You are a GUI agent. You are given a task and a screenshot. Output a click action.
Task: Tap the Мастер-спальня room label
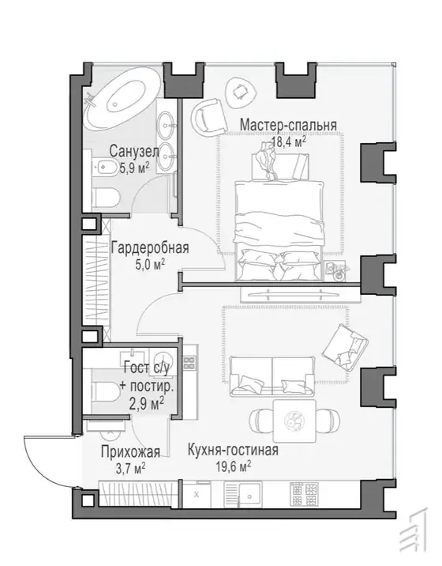[288, 125]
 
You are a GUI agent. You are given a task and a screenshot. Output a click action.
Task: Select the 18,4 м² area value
[289, 141]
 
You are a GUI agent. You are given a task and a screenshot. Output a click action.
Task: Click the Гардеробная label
[150, 248]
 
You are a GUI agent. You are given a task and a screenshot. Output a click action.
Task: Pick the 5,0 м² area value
[150, 265]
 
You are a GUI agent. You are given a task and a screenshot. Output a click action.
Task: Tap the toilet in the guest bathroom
[107, 393]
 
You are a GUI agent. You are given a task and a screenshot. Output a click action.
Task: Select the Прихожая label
[130, 451]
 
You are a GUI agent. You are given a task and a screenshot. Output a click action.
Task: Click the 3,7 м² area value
[130, 468]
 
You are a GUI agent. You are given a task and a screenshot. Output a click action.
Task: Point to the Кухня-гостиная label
[233, 450]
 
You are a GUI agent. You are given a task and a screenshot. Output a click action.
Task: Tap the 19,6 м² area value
[234, 466]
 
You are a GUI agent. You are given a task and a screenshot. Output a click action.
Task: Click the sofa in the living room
[272, 375]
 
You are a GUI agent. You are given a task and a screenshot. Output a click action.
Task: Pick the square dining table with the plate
[294, 421]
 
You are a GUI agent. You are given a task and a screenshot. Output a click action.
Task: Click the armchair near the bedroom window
[208, 116]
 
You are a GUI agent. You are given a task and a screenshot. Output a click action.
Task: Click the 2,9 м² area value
[146, 402]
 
